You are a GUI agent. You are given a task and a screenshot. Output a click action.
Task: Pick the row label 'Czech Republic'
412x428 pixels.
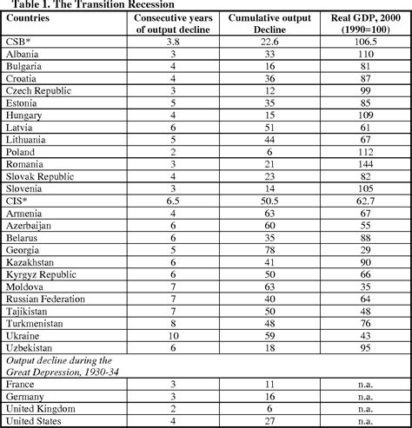click(39, 89)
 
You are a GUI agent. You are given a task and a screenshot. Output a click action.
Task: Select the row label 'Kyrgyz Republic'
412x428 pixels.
click(41, 272)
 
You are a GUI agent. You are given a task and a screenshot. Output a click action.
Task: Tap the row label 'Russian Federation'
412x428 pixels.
click(48, 296)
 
